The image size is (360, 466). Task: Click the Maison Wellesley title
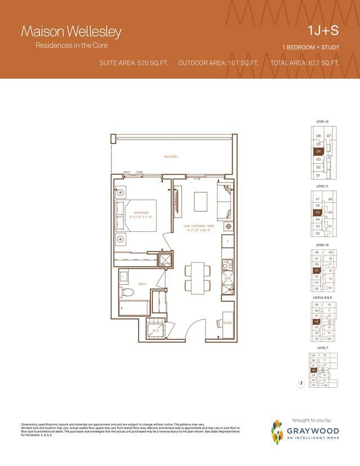coord(71,32)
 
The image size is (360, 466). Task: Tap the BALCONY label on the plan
coord(171,157)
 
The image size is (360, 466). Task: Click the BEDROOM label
coord(140,212)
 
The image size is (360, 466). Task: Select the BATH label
coord(142,284)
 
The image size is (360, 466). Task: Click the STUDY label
coord(228,323)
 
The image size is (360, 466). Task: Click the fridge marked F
coord(228,241)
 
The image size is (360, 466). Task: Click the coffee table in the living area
coord(201,200)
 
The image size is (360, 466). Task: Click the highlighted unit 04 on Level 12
coord(318,151)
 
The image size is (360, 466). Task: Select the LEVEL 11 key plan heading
coord(322,185)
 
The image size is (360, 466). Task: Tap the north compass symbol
coord(303,383)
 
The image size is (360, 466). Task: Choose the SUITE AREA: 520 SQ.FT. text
coord(134,62)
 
